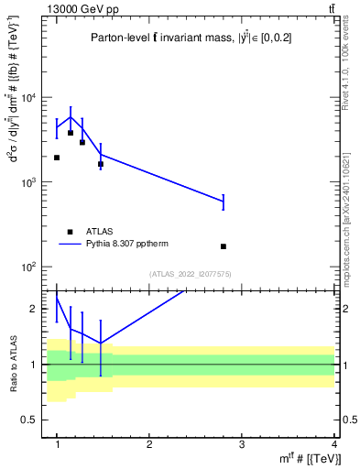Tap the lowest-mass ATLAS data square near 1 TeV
pyautogui.click(x=57, y=158)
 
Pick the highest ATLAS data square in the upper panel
pyautogui.click(x=71, y=133)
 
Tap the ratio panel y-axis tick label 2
pyautogui.click(x=36, y=310)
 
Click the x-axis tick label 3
pyautogui.click(x=242, y=444)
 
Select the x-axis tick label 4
pyautogui.click(x=334, y=444)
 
